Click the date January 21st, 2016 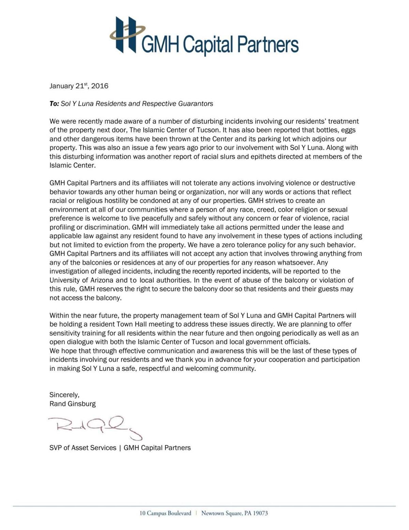point(79,86)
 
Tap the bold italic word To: point(54,104)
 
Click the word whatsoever point(293,263)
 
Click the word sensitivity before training point(65,333)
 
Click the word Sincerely point(64,395)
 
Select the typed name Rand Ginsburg point(73,404)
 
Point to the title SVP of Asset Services point(83,448)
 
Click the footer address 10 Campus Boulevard point(165,513)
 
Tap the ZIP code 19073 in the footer point(261,513)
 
